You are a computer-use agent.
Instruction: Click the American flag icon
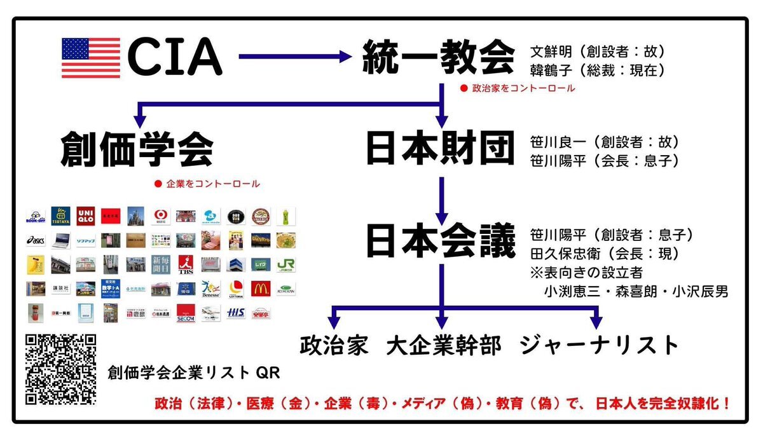[x=90, y=58]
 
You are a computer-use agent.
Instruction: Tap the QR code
[x=60, y=369]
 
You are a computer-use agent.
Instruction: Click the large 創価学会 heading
[x=137, y=150]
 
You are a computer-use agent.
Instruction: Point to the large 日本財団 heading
[x=440, y=149]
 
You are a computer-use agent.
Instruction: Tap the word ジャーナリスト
[x=599, y=345]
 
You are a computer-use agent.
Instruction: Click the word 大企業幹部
[x=443, y=345]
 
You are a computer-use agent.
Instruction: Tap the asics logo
[x=36, y=240]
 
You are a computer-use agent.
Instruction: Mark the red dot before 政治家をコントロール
[x=464, y=88]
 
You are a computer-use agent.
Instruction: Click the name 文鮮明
[x=549, y=51]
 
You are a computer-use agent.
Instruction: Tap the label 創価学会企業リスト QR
[x=193, y=373]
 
